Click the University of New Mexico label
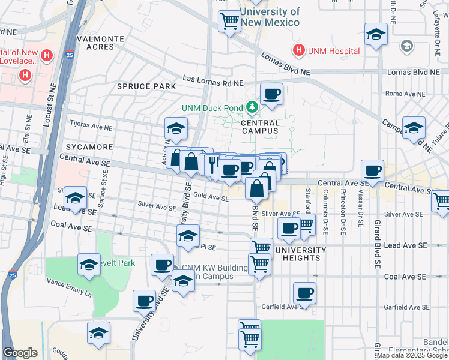click(270, 17)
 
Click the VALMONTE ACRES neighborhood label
click(100, 43)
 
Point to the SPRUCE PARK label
click(146, 86)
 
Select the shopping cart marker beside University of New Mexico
click(229, 21)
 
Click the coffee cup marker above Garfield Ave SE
click(305, 293)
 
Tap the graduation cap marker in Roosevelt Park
click(89, 264)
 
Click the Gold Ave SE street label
click(211, 198)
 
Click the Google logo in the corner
click(20, 353)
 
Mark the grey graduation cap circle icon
click(407, 46)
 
